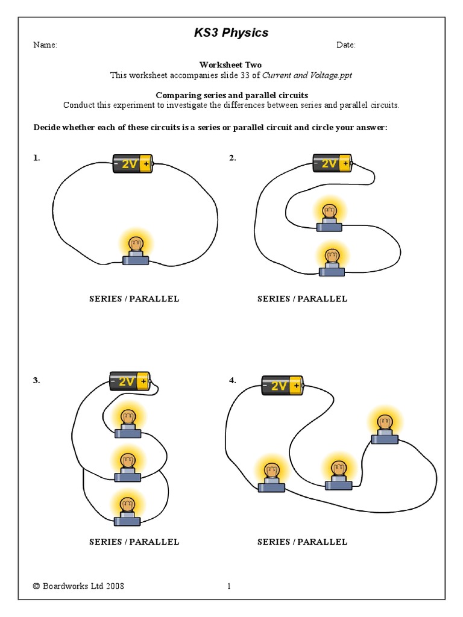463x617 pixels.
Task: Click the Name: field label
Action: [x=45, y=45]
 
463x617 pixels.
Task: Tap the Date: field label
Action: [x=345, y=45]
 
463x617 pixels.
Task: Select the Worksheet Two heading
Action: [x=231, y=64]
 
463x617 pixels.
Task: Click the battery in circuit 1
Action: [x=133, y=164]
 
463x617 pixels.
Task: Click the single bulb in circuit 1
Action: [x=136, y=251]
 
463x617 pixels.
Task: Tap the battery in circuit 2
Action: [x=332, y=163]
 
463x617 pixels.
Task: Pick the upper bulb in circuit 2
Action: [x=329, y=218]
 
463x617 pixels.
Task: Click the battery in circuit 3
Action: [x=130, y=381]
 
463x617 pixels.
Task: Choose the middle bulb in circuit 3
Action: [x=127, y=467]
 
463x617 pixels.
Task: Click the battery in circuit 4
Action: [x=282, y=385]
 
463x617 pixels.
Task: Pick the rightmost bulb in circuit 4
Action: [x=384, y=428]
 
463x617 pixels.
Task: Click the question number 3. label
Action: [x=36, y=380]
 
